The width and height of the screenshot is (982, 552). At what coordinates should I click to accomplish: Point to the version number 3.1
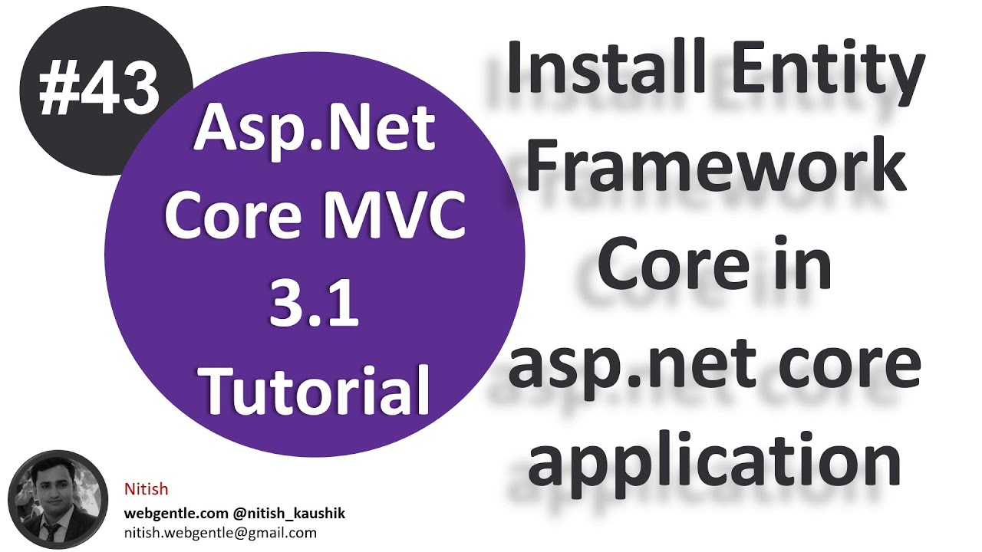314,304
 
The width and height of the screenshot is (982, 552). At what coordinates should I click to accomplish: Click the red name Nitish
146,489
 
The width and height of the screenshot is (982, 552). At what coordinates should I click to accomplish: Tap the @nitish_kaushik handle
285,513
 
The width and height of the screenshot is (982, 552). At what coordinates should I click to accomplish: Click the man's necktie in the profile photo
52,531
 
